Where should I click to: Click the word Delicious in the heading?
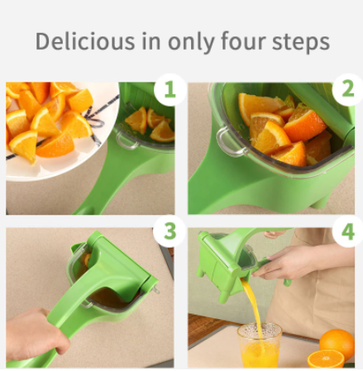pos(85,41)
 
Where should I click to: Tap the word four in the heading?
pos(243,40)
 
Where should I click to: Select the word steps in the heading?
pos(301,42)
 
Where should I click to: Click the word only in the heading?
pos(191,42)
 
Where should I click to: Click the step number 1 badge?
pos(170,89)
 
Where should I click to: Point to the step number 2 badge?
pos(348,89)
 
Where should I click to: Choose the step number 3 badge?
pos(170,231)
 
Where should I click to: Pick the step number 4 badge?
pos(348,231)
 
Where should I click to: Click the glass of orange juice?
pos(260,345)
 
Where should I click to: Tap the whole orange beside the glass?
pos(337,343)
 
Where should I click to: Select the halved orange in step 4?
pos(326,359)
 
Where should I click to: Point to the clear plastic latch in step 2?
pos(230,142)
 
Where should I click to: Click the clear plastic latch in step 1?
pos(127,140)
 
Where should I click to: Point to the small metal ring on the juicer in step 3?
pos(156,289)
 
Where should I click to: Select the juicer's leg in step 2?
pos(321,203)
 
